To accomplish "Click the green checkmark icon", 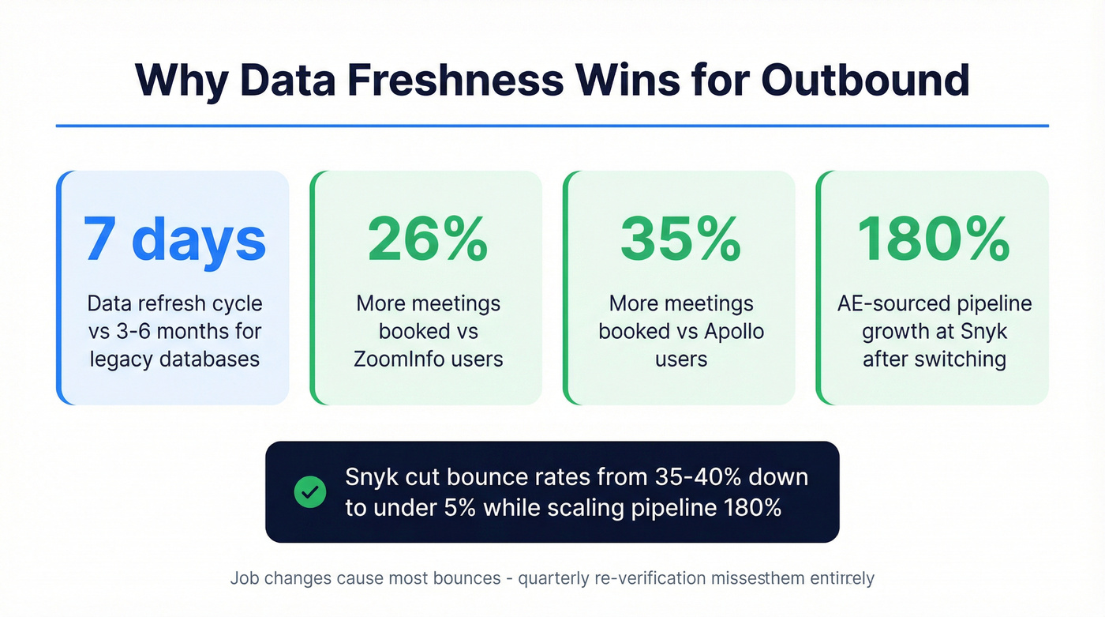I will [x=309, y=492].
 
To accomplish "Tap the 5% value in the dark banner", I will [x=457, y=507].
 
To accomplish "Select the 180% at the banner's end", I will [x=752, y=507].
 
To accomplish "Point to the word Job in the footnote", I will [x=245, y=578].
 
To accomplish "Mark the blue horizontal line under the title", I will [x=552, y=126].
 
